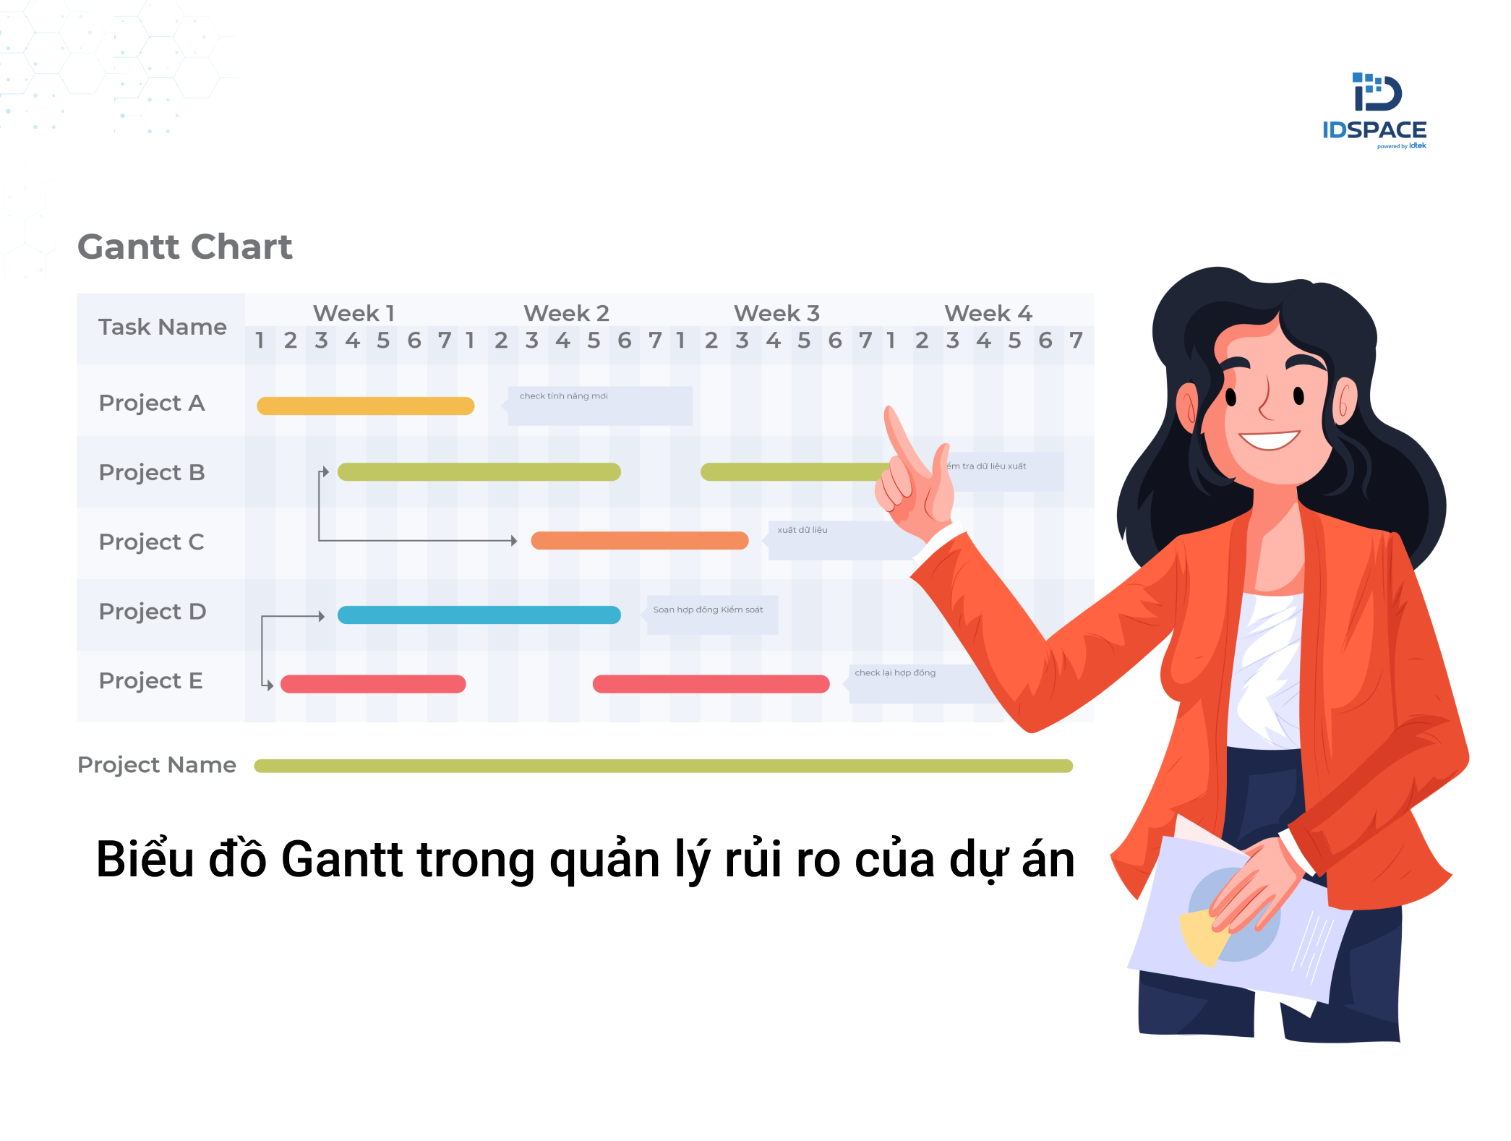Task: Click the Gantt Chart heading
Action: [x=185, y=247]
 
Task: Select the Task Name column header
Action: [x=162, y=328]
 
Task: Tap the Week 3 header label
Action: [x=776, y=313]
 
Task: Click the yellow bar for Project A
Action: [x=365, y=406]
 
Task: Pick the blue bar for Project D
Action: [x=479, y=615]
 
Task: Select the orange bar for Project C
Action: [x=639, y=541]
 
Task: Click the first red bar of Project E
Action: [x=373, y=684]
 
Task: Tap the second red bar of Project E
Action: [x=711, y=684]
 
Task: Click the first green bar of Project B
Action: [x=479, y=472]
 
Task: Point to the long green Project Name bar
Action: [x=663, y=766]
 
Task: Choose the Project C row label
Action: [x=152, y=542]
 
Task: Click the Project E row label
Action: [x=150, y=680]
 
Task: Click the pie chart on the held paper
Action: [x=1229, y=918]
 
